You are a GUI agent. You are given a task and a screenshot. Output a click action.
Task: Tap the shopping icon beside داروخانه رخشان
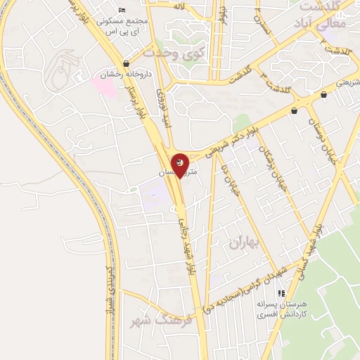(125, 63)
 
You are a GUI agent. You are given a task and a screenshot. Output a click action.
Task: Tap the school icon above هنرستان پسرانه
(281, 292)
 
